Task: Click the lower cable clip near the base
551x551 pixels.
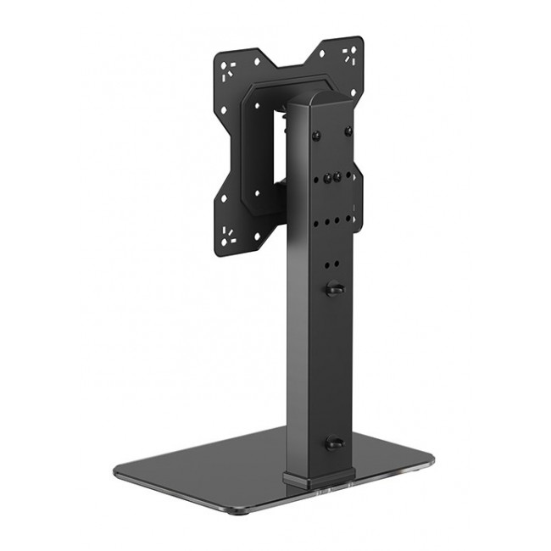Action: coord(333,443)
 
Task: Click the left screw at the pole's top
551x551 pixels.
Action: coord(317,136)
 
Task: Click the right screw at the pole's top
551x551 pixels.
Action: coord(348,131)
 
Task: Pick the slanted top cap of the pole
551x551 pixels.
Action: coord(320,100)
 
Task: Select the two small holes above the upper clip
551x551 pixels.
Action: coord(331,264)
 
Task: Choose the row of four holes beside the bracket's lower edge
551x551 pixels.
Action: coord(331,222)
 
